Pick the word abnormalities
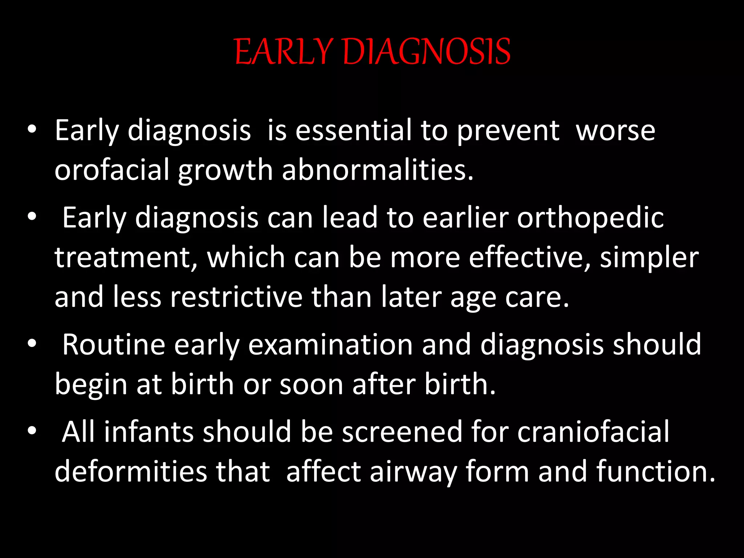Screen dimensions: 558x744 click(378, 170)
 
